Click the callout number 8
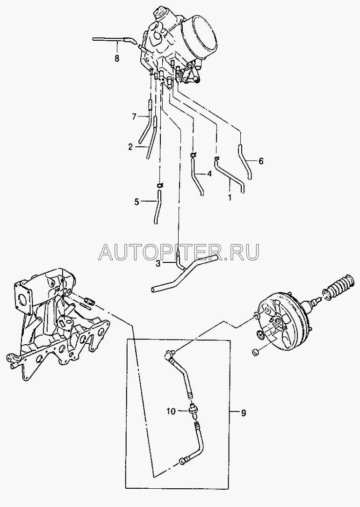117,58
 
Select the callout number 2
130,147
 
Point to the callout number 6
261,161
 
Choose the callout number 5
137,203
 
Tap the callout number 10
171,411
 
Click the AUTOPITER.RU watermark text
179,252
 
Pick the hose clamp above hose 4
193,156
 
